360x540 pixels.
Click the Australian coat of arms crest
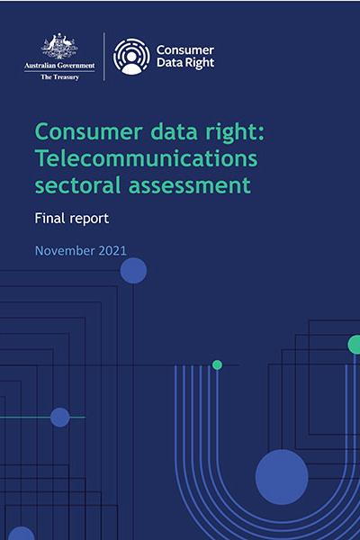(59, 46)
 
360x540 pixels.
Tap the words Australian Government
(59, 66)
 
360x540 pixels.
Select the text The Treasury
(60, 77)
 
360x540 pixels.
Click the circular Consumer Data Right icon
(131, 57)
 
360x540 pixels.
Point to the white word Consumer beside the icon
(185, 50)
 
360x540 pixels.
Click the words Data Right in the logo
(185, 63)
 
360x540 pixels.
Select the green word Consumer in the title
(89, 132)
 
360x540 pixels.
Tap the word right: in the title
(235, 132)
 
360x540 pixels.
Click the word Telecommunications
(146, 158)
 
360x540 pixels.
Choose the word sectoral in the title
(78, 184)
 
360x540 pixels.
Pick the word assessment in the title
(190, 185)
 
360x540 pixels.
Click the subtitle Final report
(72, 219)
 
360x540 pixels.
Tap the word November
(65, 251)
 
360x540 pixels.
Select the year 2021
(112, 251)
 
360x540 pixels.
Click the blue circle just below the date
(133, 271)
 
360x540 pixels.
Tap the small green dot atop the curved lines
(217, 364)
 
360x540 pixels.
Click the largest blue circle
(282, 477)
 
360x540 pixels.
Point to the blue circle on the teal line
(60, 418)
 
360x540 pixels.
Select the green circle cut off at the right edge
(354, 345)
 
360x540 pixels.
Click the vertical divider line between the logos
(104, 57)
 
